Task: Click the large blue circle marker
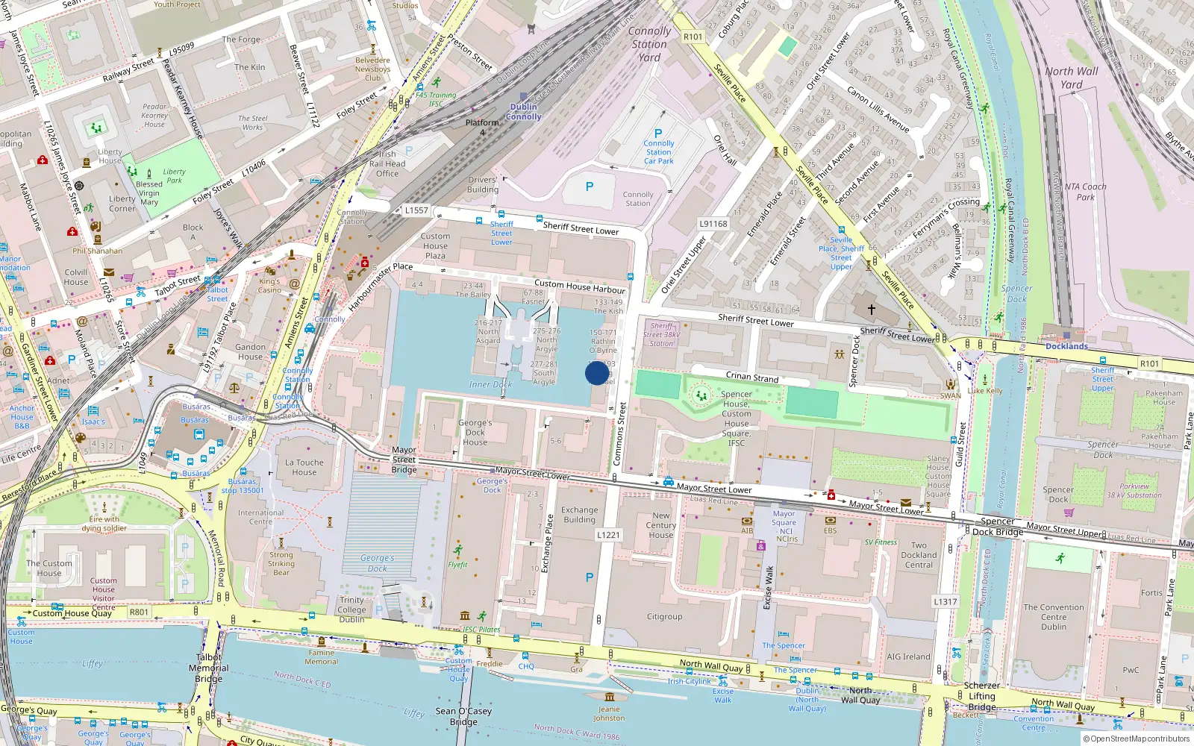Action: click(x=597, y=373)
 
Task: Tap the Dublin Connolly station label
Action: click(x=523, y=112)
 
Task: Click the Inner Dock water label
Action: click(x=490, y=384)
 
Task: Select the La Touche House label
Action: click(x=304, y=467)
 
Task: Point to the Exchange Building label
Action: click(x=580, y=515)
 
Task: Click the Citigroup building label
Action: click(x=664, y=617)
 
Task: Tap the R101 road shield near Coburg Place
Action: click(x=693, y=37)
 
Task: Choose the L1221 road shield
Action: click(x=608, y=535)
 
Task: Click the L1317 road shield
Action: click(x=945, y=601)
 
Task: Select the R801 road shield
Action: click(x=140, y=612)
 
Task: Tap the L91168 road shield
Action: click(x=713, y=224)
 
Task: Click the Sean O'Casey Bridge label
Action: click(x=463, y=716)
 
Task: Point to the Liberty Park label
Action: click(x=174, y=175)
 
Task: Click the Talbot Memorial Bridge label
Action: click(x=209, y=668)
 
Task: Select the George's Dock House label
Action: click(x=475, y=432)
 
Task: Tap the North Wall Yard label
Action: click(x=1072, y=78)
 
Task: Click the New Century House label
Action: click(x=660, y=525)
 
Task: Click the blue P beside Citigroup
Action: click(x=590, y=577)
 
